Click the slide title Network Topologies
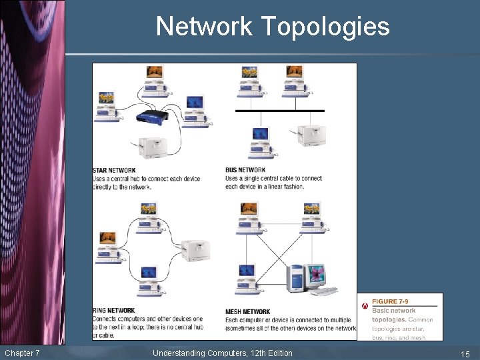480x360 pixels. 273,27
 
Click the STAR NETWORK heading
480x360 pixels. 114,171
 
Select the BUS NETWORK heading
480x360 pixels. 245,170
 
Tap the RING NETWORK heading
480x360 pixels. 114,311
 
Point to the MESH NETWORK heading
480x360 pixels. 248,311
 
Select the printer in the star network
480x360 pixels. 152,147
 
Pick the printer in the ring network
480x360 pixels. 195,251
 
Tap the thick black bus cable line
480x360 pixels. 280,111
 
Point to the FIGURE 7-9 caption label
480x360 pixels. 394,301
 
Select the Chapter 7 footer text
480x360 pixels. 22,353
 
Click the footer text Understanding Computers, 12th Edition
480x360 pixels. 223,353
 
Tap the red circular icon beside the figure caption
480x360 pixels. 365,306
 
